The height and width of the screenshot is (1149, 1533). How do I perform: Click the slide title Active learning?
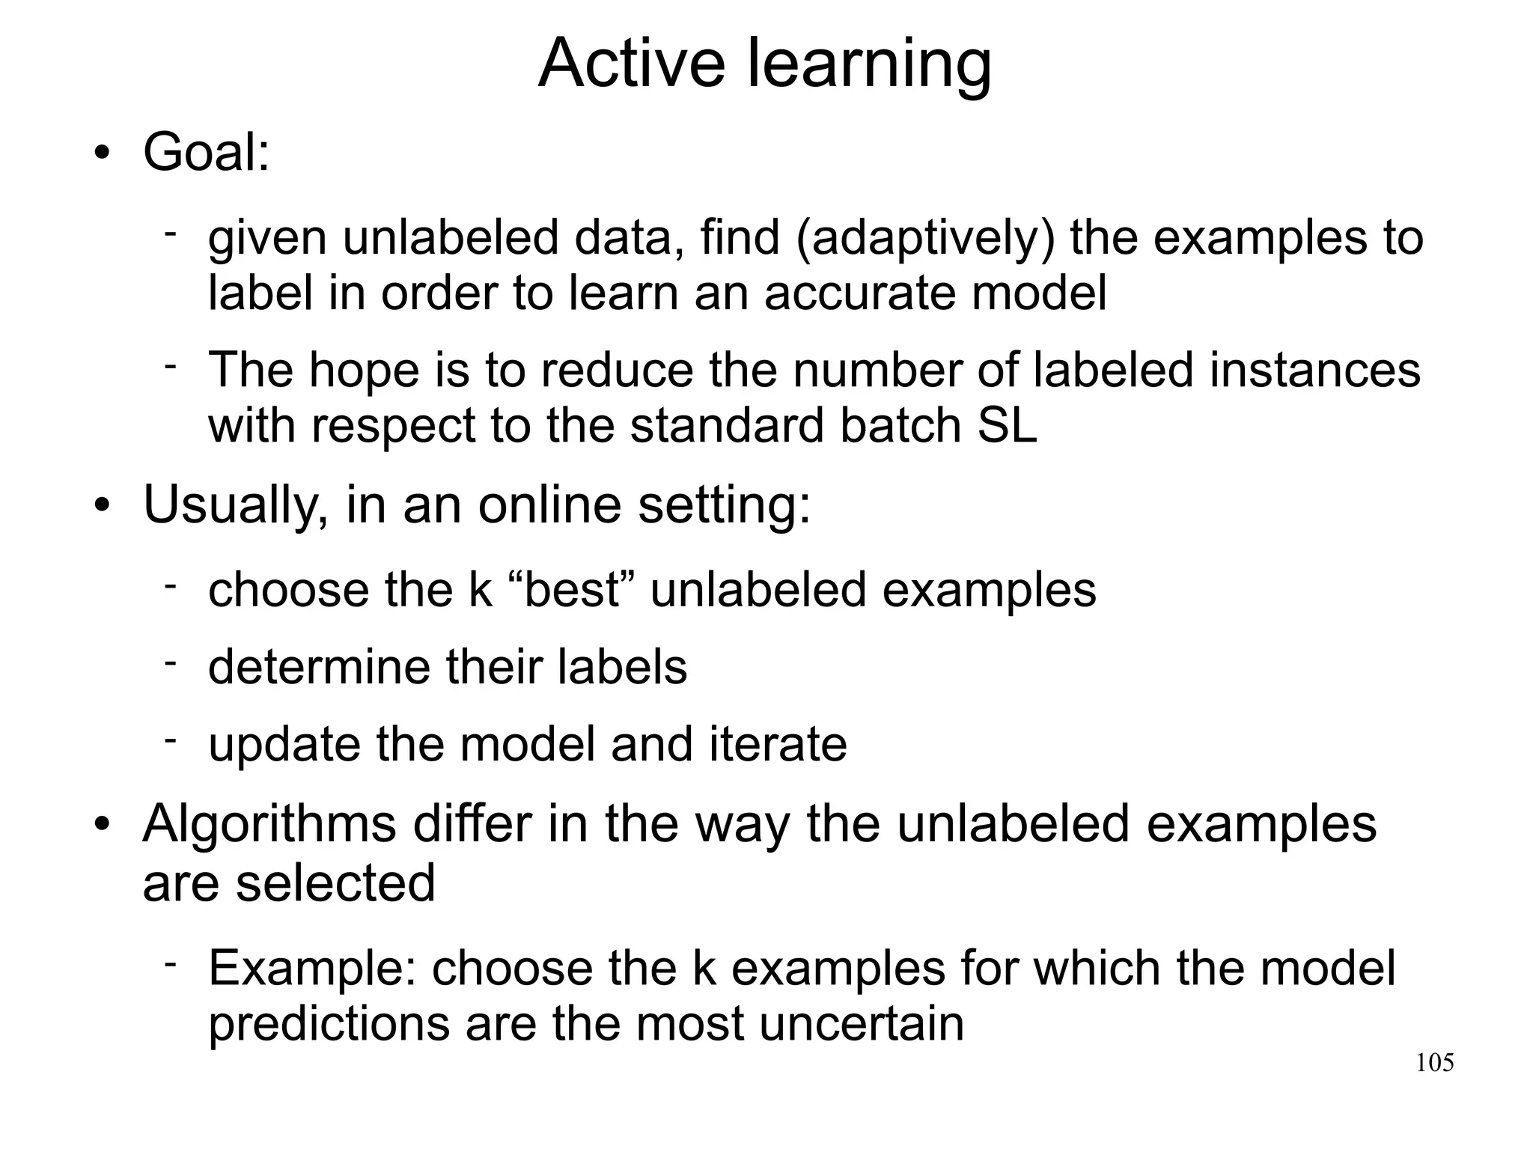pos(764,63)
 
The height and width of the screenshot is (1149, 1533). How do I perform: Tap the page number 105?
pos(1434,1063)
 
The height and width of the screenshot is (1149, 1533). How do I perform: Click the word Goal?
pos(206,152)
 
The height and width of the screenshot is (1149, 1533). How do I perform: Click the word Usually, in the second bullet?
pos(236,505)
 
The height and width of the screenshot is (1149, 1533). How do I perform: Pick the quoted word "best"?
pos(573,589)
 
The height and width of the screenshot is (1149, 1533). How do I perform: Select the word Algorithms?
pos(269,824)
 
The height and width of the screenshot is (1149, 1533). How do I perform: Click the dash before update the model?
pos(170,740)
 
